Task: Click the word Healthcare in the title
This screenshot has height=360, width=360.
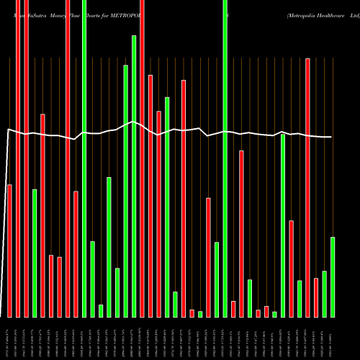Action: point(323,14)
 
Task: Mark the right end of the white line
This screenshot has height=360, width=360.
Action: point(332,137)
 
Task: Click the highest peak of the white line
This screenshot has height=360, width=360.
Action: point(134,122)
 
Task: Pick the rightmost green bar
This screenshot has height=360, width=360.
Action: point(333,276)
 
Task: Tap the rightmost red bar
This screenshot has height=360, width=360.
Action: point(316,297)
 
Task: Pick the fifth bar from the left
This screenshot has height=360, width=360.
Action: point(42,215)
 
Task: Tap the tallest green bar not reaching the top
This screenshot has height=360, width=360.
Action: point(134,176)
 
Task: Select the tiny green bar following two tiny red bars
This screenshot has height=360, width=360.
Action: point(274,314)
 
